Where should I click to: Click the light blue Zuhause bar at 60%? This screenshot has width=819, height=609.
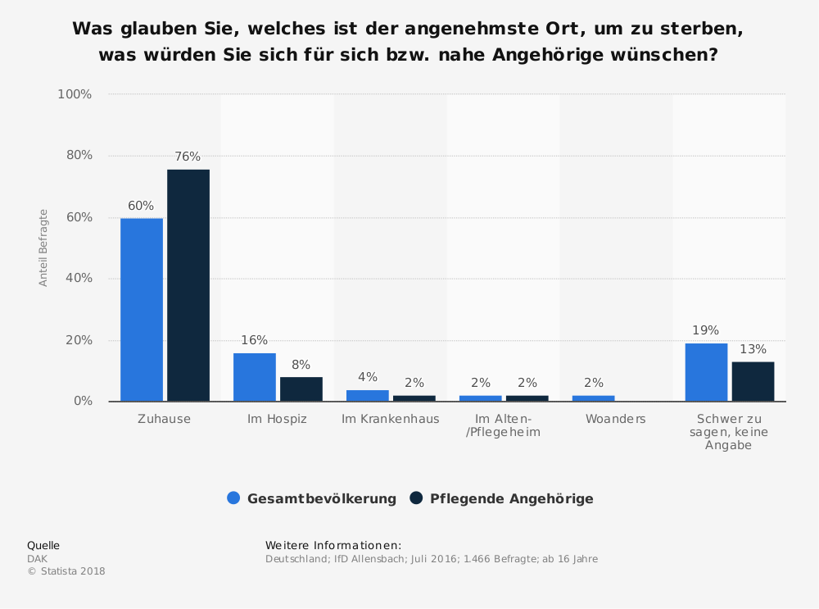[142, 309]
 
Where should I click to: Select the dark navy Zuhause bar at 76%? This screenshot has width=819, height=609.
[188, 285]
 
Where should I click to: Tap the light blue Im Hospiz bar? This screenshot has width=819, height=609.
[255, 377]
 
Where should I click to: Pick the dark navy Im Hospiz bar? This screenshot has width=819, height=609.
[301, 389]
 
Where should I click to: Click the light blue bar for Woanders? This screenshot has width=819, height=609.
[594, 398]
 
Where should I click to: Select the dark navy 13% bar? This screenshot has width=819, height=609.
[753, 381]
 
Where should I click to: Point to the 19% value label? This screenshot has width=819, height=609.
[705, 330]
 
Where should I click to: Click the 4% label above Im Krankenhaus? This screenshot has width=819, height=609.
[367, 377]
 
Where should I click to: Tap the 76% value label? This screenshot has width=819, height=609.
[188, 157]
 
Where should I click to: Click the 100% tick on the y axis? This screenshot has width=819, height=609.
[75, 94]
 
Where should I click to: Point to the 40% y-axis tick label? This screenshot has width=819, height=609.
[79, 279]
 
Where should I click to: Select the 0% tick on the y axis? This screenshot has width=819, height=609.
[82, 402]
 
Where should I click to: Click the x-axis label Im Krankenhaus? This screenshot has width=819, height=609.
[390, 419]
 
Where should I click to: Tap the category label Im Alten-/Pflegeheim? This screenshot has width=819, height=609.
[503, 425]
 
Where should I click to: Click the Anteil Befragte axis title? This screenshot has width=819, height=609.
[44, 248]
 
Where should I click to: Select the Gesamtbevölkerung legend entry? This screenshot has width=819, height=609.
[312, 498]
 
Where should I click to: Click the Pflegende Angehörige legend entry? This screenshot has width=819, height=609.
[502, 498]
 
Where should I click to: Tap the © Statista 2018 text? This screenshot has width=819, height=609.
[66, 571]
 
